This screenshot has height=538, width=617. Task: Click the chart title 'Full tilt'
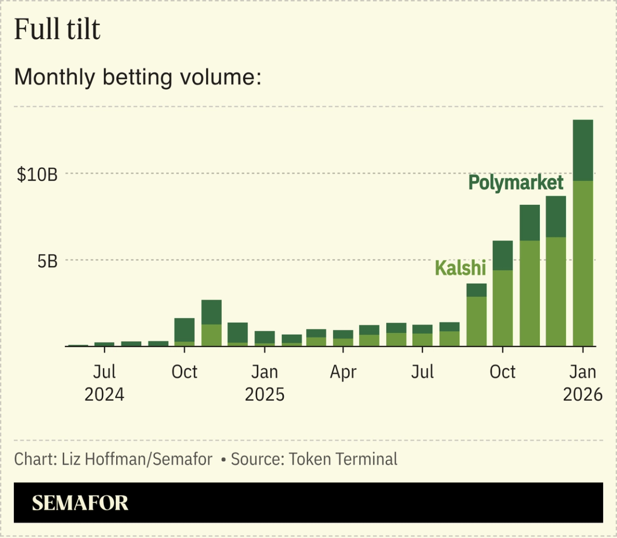(57, 29)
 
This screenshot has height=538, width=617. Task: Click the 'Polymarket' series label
(516, 183)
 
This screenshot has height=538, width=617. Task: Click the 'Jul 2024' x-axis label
(104, 383)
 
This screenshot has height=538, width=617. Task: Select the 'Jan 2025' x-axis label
(265, 383)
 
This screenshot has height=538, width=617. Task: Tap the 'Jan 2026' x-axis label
(583, 383)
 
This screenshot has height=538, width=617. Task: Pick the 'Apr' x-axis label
(343, 372)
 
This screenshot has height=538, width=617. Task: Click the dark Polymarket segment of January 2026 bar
(583, 150)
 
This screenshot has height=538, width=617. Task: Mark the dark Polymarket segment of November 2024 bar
(212, 312)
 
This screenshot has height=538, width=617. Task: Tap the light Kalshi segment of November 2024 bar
(212, 335)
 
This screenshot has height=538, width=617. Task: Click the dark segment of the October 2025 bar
(503, 256)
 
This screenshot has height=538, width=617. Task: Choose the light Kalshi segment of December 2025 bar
(556, 292)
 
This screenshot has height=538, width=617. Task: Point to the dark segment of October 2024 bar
(185, 330)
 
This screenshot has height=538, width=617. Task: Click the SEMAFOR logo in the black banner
(80, 503)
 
